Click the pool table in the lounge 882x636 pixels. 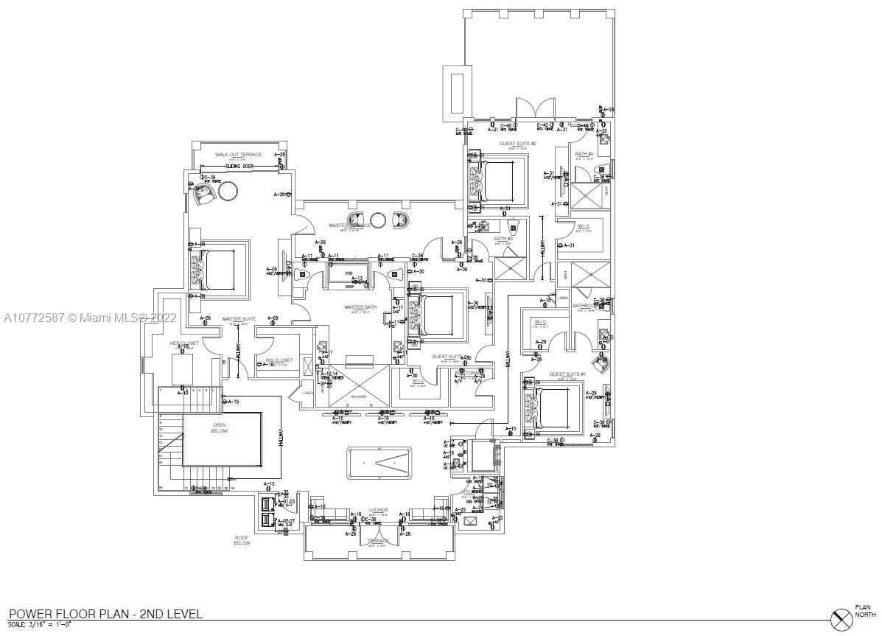click(379, 462)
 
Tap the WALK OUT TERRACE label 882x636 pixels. click(238, 155)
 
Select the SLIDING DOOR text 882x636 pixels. click(239, 167)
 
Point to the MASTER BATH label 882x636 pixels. click(360, 307)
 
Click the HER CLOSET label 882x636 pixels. click(184, 343)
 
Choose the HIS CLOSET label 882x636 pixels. click(279, 360)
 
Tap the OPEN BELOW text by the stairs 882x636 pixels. click(220, 427)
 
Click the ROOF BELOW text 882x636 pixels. click(242, 540)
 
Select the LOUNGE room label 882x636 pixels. click(379, 509)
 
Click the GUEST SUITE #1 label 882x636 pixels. click(567, 374)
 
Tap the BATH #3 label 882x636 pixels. click(503, 239)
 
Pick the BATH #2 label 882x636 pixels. click(584, 154)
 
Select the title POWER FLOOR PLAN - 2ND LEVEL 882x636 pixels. click(105, 613)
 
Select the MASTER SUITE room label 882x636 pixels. click(238, 319)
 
